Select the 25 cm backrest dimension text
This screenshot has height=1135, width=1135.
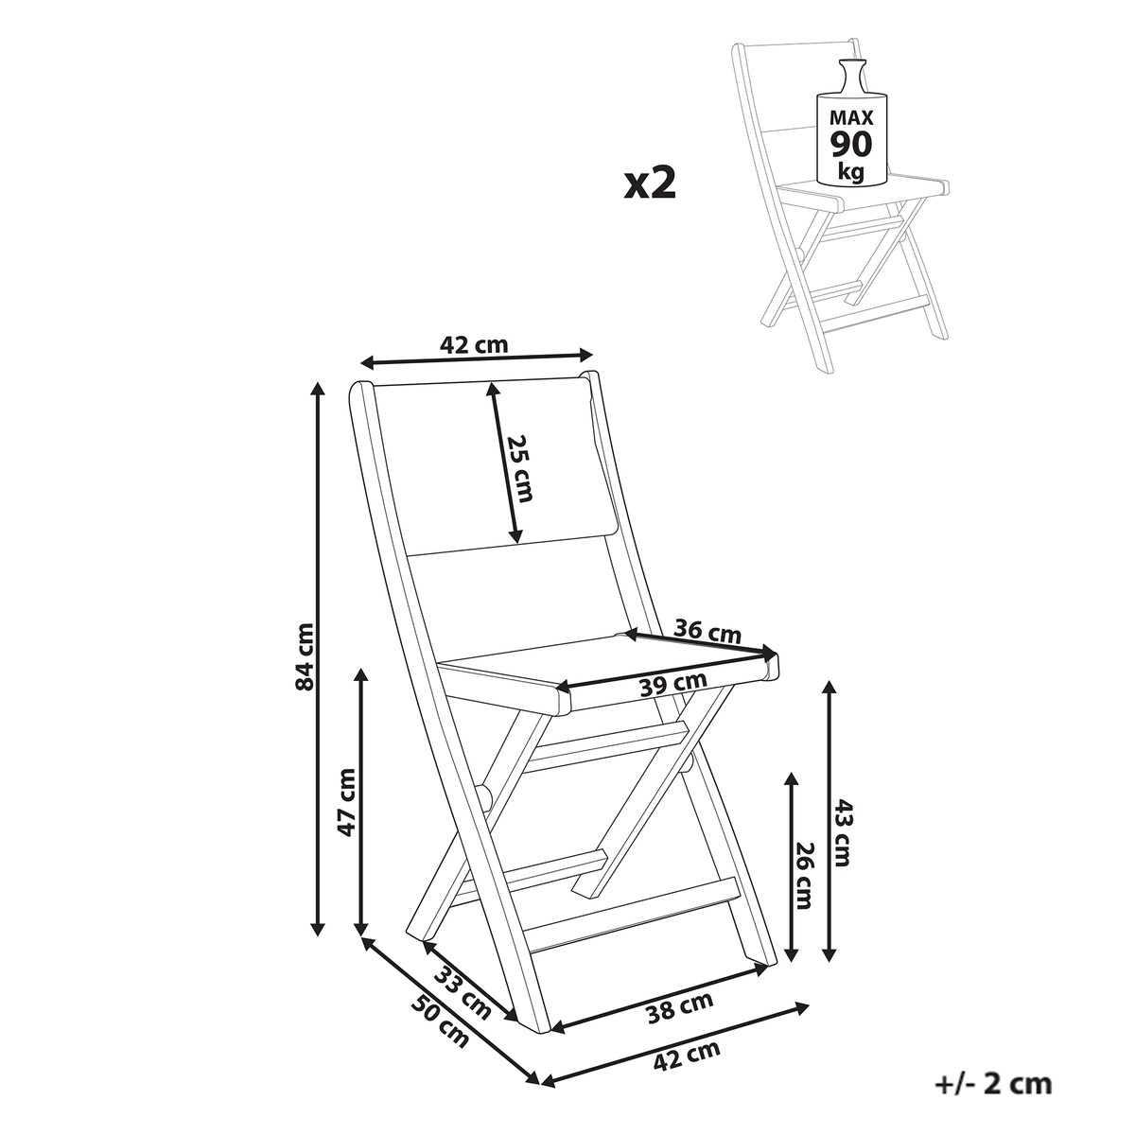[520, 468]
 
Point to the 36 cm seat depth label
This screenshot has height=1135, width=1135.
[707, 632]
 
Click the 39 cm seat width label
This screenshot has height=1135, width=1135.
[673, 684]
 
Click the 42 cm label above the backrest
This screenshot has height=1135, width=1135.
[474, 344]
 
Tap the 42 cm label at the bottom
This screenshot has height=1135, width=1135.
[687, 1056]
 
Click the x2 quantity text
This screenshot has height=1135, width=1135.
[650, 183]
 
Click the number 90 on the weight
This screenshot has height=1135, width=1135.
[851, 145]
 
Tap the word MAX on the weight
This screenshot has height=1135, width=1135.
[851, 118]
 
